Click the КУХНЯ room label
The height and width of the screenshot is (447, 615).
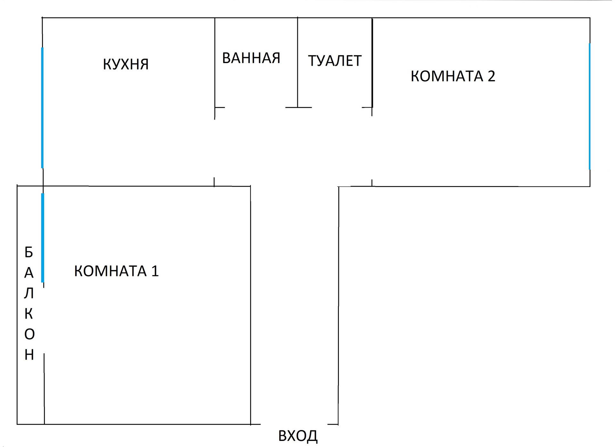click(126, 64)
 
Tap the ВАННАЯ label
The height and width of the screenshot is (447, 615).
click(251, 58)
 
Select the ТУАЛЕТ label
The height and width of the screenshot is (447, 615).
click(335, 61)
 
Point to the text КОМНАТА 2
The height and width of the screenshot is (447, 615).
click(453, 76)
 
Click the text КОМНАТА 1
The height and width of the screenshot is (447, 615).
click(116, 271)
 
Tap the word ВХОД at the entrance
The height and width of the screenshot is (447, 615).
click(298, 436)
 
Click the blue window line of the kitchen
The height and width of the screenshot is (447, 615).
click(42, 108)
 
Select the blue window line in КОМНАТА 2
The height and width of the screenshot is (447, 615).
click(589, 106)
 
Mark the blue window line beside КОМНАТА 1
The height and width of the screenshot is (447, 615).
click(42, 238)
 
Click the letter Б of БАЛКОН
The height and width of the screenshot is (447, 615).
click(29, 252)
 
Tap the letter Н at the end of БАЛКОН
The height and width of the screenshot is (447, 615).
click(29, 355)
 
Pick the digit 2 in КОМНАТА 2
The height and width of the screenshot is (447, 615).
click(491, 76)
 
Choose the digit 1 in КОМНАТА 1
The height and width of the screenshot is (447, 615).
click(155, 271)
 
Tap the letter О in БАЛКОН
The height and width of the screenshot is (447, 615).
click(29, 334)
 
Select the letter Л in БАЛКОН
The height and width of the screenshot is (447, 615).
click(29, 293)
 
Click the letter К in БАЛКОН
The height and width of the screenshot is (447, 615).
click(29, 314)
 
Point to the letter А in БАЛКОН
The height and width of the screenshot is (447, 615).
click(29, 273)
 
